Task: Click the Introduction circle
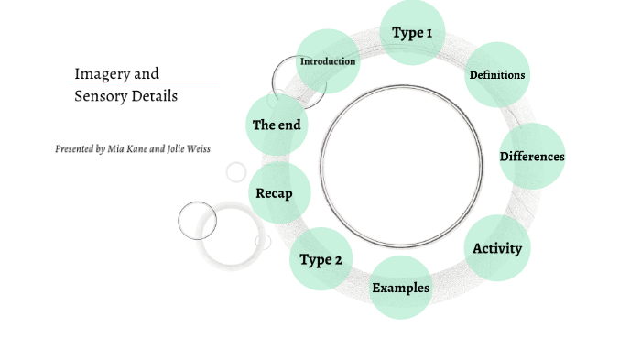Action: point(327,61)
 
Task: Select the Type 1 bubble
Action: point(412,33)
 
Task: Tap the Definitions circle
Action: point(497,75)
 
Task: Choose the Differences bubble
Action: point(532,156)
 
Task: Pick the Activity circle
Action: point(497,248)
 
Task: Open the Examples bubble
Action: point(401,288)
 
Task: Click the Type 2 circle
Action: point(321,259)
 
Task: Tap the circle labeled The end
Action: point(277,125)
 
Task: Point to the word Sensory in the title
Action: point(100,95)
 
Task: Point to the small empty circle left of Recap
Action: point(236,172)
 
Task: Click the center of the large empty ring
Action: point(402,166)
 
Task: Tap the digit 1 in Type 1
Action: point(428,33)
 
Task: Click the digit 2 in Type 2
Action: point(338,260)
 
